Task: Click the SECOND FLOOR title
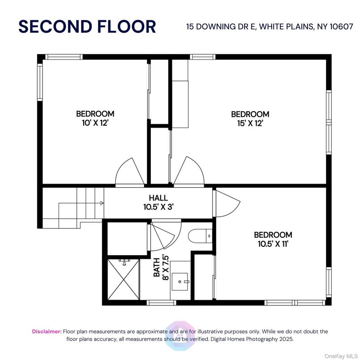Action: [x=87, y=26]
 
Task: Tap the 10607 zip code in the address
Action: [x=341, y=26]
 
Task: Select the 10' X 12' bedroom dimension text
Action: [x=95, y=123]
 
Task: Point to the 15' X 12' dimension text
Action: [x=250, y=124]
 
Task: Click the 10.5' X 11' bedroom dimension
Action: [x=273, y=244]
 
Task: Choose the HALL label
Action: [x=158, y=197]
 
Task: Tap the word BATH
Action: [x=157, y=267]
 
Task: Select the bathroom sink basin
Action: [x=180, y=282]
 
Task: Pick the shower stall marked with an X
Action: [x=124, y=279]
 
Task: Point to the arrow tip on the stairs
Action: [x=103, y=203]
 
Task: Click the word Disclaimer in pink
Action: [x=47, y=331]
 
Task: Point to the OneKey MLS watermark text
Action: [x=341, y=356]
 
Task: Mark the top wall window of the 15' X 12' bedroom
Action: [x=202, y=57]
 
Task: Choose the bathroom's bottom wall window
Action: [x=161, y=303]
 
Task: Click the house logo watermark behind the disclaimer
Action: [x=180, y=335]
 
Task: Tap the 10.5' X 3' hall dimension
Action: [x=158, y=207]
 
